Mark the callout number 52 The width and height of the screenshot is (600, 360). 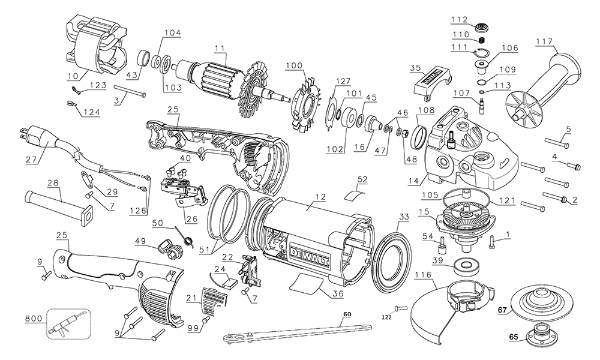(363, 179)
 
